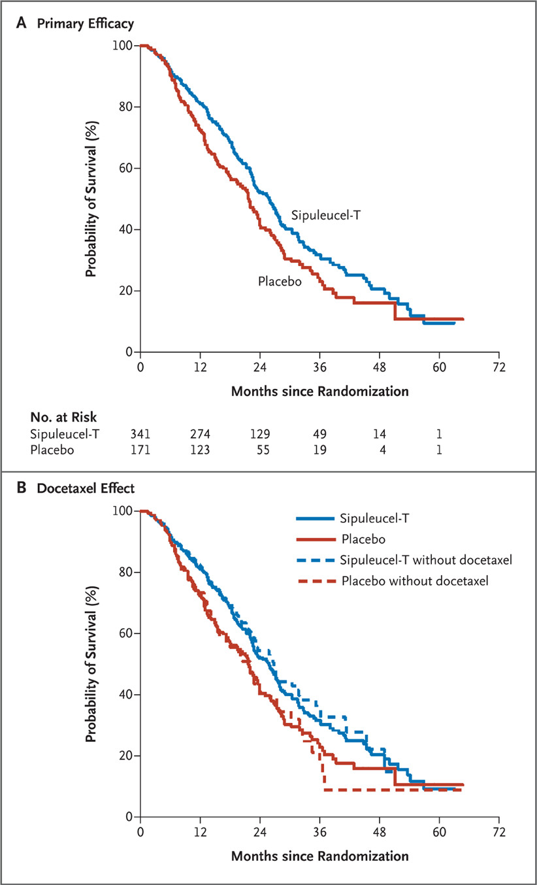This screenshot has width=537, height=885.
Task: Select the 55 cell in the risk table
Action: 260,450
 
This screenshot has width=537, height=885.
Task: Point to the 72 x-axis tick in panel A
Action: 499,366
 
